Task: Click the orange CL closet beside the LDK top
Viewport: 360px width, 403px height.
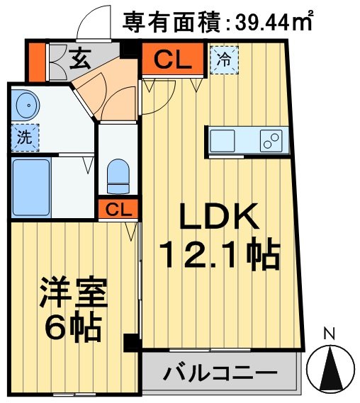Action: point(173,60)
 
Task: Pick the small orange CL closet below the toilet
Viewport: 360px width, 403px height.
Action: point(118,210)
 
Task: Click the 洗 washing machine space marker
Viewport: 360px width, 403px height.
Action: point(25,138)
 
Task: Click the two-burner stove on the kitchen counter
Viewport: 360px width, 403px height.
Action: point(271,140)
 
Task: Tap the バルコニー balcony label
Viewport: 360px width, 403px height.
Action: point(219,373)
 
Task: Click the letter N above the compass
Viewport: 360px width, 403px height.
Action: point(329,333)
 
